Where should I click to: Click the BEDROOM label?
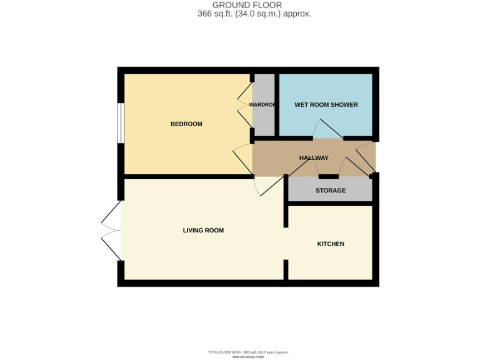point(186,124)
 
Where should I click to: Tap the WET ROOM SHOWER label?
point(326,105)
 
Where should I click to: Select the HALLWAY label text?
point(313,158)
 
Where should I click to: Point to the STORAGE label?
point(330,191)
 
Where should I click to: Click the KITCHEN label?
point(331,244)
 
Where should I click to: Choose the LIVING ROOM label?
point(203,231)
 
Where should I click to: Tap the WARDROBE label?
point(262,105)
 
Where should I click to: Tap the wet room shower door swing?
point(327,130)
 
